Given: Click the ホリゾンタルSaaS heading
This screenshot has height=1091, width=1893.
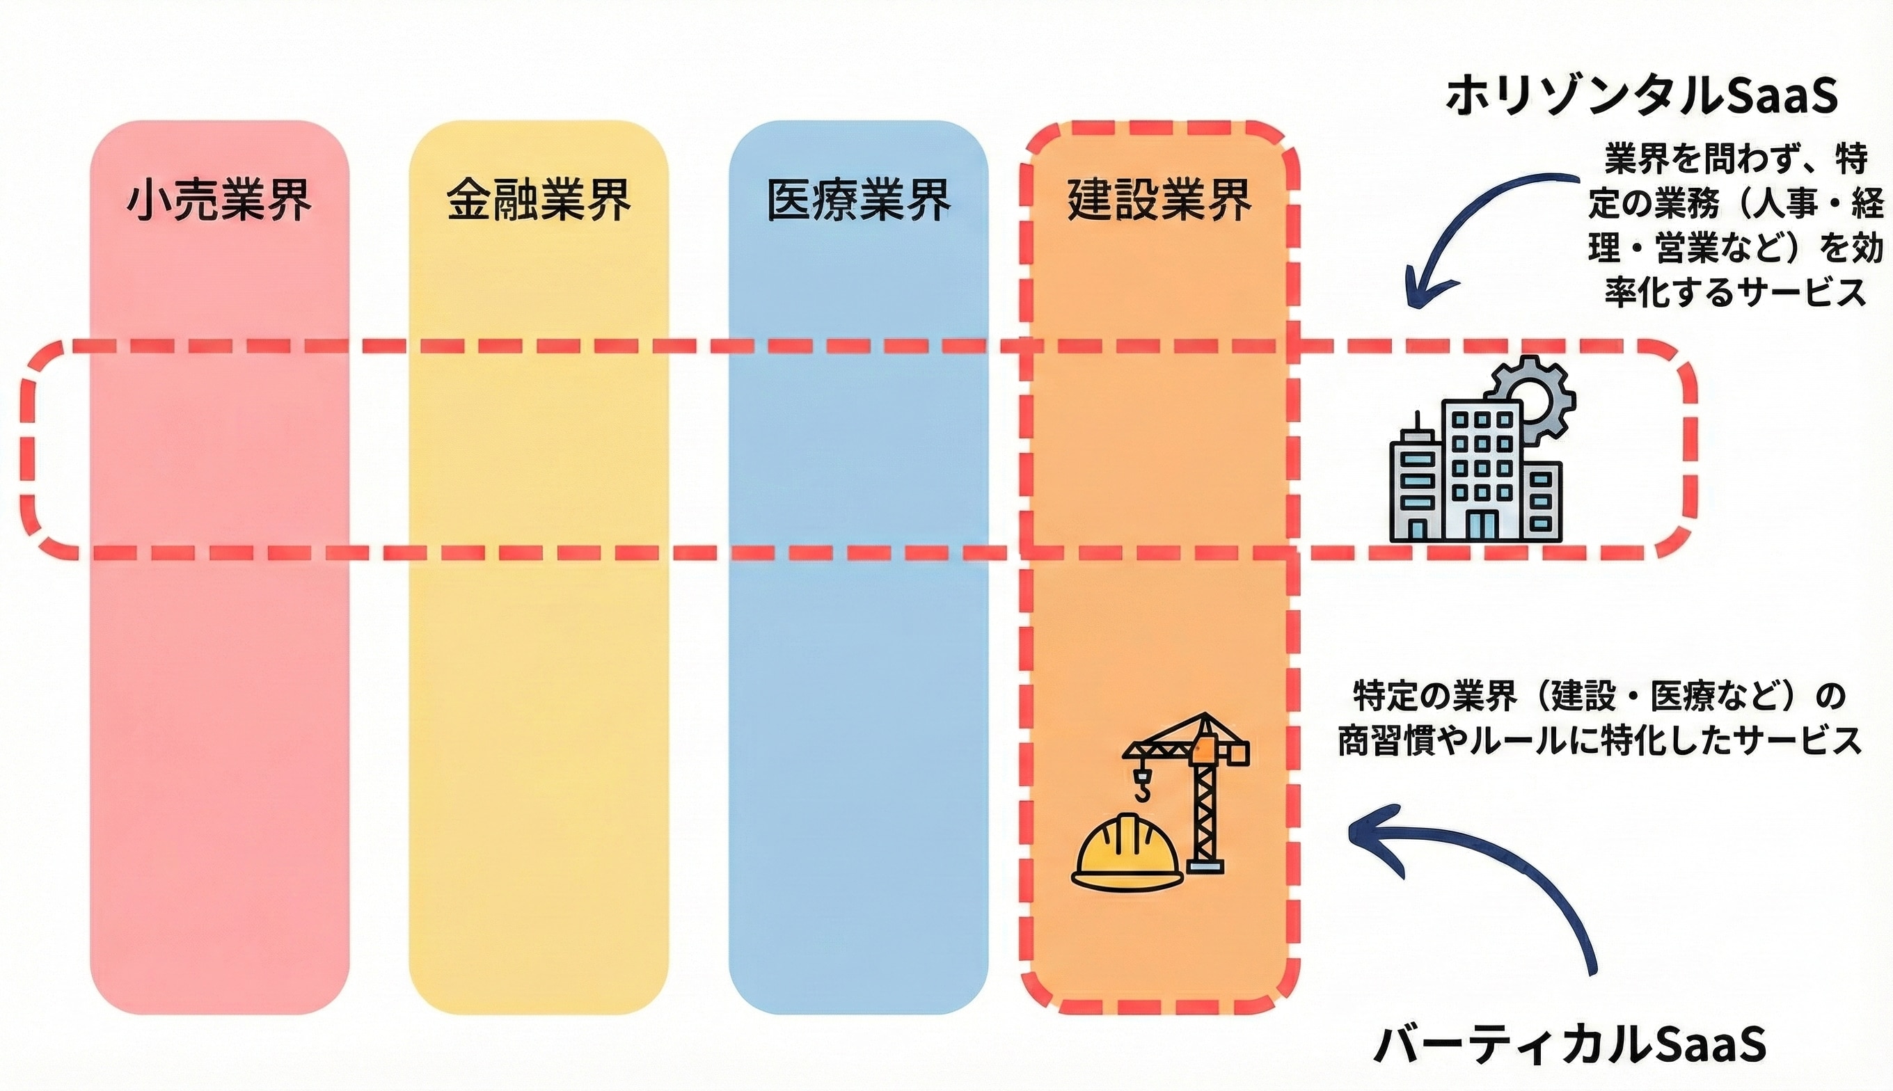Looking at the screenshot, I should click(x=1640, y=97).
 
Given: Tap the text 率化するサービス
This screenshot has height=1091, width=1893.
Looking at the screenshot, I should click(x=1735, y=292).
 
